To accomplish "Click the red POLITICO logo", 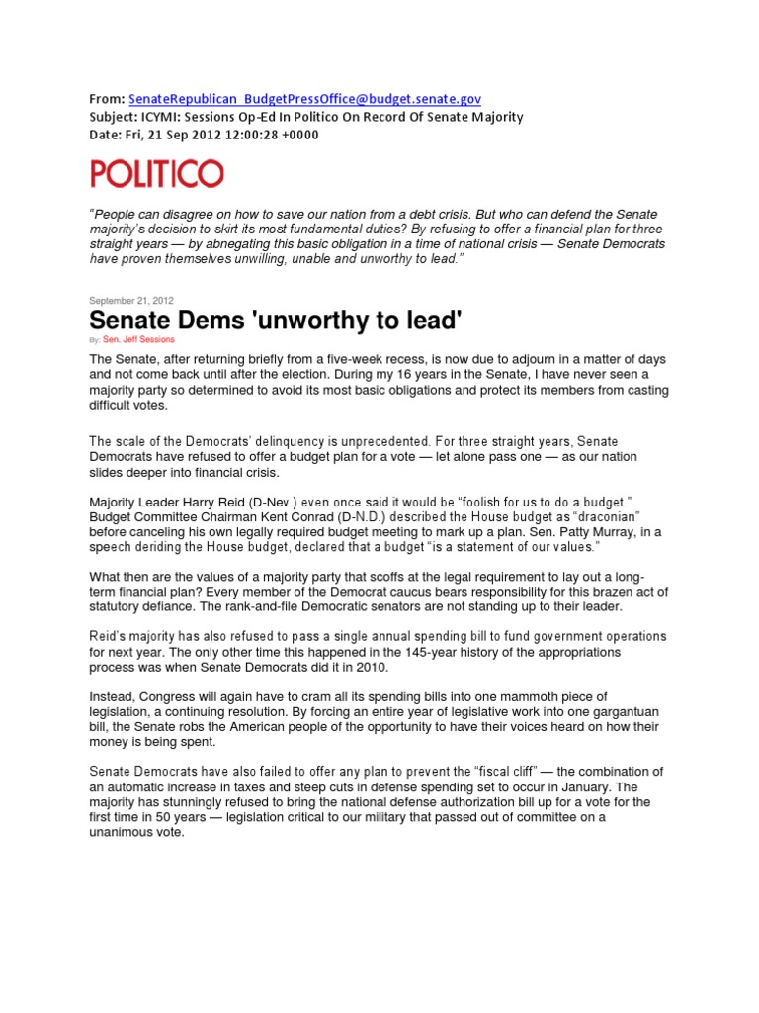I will pos(157,174).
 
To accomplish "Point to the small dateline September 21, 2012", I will pos(131,301).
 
